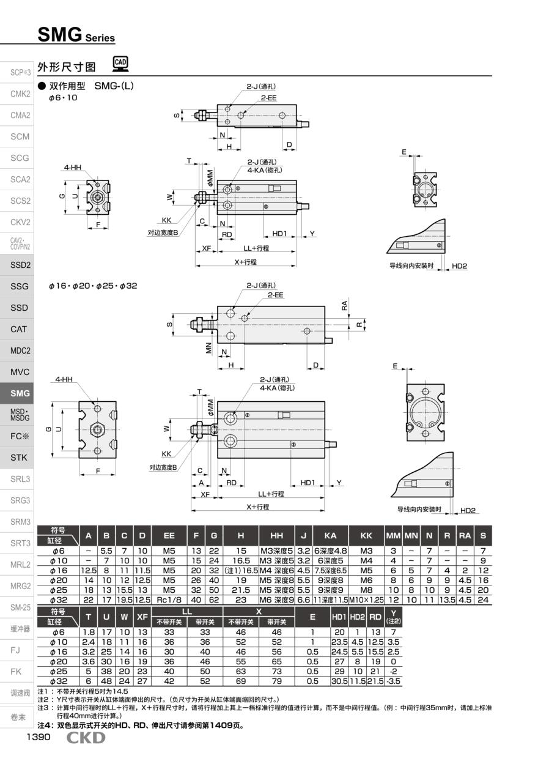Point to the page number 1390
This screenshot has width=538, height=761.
coord(37,737)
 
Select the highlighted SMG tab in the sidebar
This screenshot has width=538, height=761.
coord(20,393)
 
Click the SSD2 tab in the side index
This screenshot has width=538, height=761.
coord(20,265)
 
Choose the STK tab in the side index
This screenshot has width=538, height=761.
coord(20,458)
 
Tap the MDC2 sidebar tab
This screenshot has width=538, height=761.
coord(20,351)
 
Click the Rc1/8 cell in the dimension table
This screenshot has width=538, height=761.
coord(169,600)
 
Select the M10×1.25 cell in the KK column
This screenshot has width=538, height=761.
coord(366,600)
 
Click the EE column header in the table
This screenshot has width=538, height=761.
coord(169,535)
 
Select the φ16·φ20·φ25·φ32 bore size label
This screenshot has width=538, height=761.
coord(93,286)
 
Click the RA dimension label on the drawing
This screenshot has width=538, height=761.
coord(345,304)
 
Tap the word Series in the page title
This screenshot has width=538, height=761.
coord(100,38)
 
